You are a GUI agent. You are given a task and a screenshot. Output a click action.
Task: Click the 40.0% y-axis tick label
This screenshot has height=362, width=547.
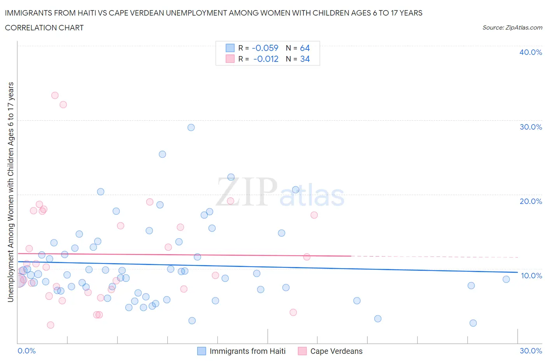530,52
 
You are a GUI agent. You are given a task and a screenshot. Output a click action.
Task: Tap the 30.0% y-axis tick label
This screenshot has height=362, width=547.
530,127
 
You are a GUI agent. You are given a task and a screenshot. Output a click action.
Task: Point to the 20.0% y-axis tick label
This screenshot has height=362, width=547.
530,201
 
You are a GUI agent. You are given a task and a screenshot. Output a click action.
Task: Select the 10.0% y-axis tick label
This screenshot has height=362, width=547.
531,276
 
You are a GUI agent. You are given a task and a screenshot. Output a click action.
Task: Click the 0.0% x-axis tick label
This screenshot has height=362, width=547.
26,351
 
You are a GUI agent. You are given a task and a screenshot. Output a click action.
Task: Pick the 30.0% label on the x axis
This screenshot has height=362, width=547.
531,351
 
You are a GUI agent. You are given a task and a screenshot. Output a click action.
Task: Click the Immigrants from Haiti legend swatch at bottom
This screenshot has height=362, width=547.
202,351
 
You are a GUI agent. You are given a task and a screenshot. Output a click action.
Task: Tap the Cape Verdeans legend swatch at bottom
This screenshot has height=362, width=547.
302,351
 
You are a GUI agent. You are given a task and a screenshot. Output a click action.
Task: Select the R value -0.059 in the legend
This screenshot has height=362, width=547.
265,48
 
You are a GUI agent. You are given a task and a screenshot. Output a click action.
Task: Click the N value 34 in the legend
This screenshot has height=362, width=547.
305,59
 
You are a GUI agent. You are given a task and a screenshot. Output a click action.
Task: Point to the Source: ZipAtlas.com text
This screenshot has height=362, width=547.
512,28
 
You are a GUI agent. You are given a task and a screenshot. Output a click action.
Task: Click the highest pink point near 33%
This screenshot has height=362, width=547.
55,95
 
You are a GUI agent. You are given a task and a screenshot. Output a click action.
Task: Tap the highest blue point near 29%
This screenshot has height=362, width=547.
191,127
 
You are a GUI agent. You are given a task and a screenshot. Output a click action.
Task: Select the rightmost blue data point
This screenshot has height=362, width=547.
506,279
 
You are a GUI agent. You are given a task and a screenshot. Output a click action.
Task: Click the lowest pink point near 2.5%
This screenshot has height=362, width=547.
50,325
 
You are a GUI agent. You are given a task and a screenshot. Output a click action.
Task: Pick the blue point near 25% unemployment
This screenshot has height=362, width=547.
163,154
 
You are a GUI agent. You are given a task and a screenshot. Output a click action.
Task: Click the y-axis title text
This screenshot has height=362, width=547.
11,192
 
